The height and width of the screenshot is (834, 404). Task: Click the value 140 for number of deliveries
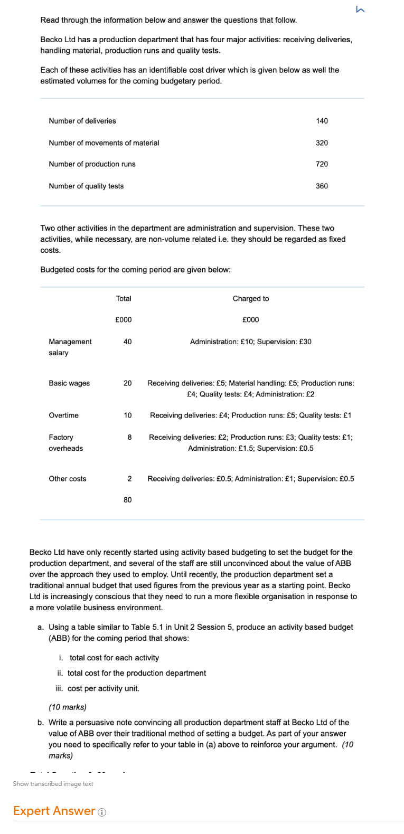(x=322, y=121)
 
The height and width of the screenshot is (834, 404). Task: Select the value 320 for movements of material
(x=322, y=143)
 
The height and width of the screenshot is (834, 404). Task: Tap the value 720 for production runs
(x=322, y=164)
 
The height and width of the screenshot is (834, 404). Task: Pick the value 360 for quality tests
(x=322, y=186)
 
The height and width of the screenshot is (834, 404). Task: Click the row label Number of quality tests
(x=86, y=186)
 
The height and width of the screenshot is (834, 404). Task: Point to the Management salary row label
(x=70, y=347)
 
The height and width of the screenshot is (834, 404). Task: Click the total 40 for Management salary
(x=127, y=342)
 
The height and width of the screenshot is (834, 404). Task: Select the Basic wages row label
(x=69, y=383)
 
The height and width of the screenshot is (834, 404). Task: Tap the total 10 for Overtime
(x=127, y=415)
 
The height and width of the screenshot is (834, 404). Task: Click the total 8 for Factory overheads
(x=129, y=437)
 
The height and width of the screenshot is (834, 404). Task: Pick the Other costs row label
(x=68, y=479)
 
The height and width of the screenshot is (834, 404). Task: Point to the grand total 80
(x=127, y=500)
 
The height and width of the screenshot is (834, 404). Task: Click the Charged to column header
(x=250, y=299)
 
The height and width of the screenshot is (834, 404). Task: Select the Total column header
(x=124, y=299)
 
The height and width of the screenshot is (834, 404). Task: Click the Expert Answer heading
(x=54, y=811)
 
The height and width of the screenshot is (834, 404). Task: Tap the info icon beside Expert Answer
(x=102, y=812)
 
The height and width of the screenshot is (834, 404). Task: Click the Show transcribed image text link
(x=53, y=784)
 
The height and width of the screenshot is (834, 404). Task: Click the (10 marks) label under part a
(x=68, y=707)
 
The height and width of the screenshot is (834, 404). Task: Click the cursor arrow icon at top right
(x=360, y=8)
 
